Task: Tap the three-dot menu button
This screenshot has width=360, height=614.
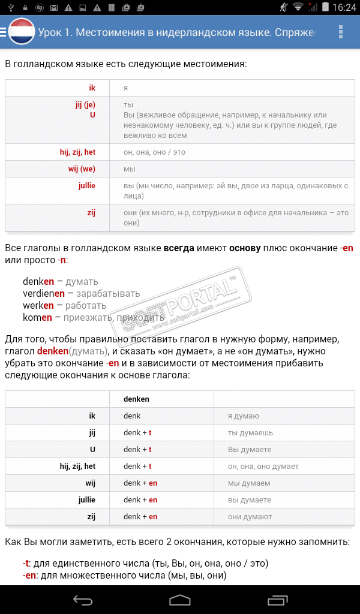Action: point(341,32)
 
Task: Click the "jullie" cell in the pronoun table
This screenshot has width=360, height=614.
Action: point(87,186)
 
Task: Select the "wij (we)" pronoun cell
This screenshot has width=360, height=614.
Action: point(82,169)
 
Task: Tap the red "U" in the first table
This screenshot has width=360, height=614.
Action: point(92,115)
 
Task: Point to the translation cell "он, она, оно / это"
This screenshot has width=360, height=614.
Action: point(154,152)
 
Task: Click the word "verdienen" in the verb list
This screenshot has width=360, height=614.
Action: point(44,293)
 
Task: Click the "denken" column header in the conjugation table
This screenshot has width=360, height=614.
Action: point(136,399)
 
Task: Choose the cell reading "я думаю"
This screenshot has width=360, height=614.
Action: point(243,416)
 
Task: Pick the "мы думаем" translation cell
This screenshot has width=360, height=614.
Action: point(248,483)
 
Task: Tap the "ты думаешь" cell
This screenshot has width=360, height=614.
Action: point(250,432)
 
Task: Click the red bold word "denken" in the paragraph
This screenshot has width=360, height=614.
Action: point(53,351)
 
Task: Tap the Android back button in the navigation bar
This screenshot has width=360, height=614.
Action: point(82,600)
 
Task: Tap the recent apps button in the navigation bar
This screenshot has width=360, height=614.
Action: point(278,600)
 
